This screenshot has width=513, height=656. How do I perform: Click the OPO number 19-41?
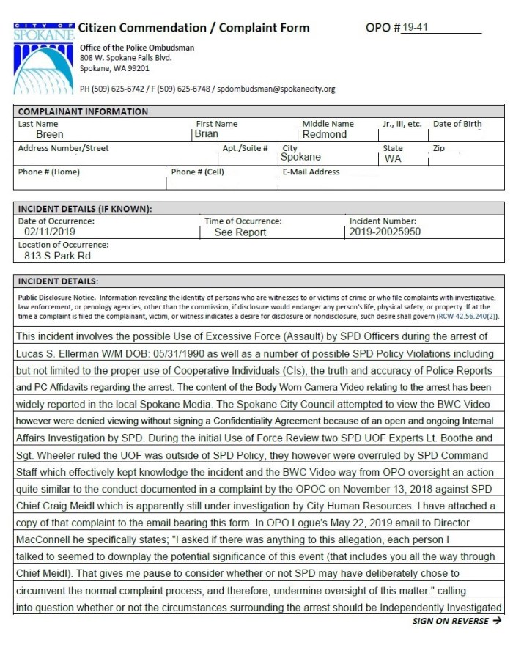point(415,29)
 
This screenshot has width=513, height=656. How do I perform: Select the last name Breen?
point(50,135)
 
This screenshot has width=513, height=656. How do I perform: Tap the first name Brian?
point(206,135)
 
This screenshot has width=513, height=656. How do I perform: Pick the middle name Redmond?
point(324,135)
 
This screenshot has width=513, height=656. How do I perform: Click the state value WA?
point(393,158)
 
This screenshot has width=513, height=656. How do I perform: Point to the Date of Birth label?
point(457,124)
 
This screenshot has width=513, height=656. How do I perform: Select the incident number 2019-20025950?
point(385,232)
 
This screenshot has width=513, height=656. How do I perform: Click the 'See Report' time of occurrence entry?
point(240,232)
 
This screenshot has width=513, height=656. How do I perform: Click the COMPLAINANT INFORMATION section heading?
point(83,111)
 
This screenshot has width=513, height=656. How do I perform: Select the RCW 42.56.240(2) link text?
point(467,315)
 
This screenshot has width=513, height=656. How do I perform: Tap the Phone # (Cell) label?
point(198,172)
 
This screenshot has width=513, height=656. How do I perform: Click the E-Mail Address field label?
point(311,172)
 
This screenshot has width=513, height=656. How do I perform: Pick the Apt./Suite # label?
point(245,148)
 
